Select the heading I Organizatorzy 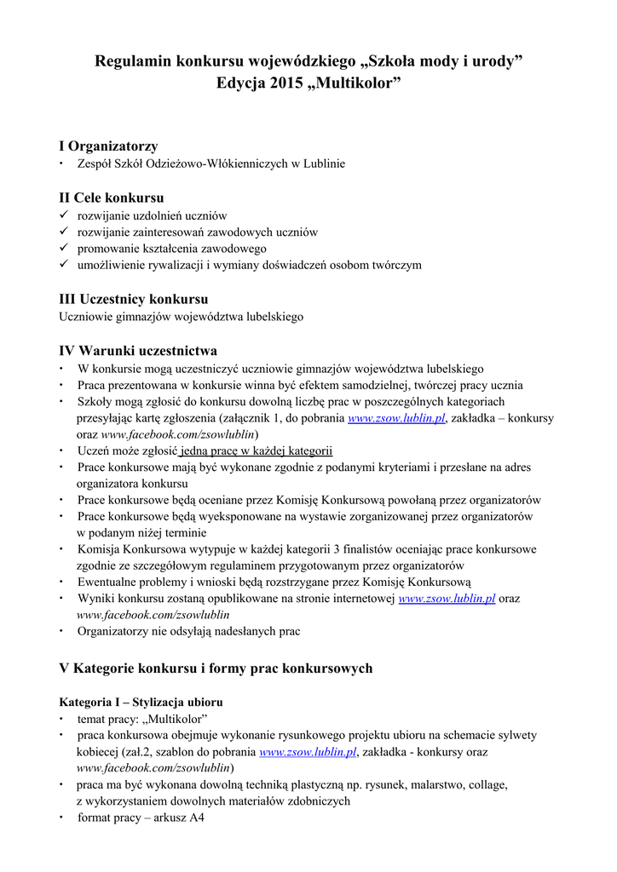(x=107, y=146)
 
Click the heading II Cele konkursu (x=111, y=198)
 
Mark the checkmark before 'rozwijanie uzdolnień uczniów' (x=63, y=215)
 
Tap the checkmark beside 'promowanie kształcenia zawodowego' (x=63, y=249)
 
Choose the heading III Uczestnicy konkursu (x=133, y=299)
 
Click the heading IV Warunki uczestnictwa (x=137, y=350)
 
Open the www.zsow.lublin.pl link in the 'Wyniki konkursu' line (x=447, y=599)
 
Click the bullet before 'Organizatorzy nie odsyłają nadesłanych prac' (x=61, y=632)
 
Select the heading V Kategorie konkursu (x=216, y=668)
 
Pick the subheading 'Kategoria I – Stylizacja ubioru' (x=141, y=703)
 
